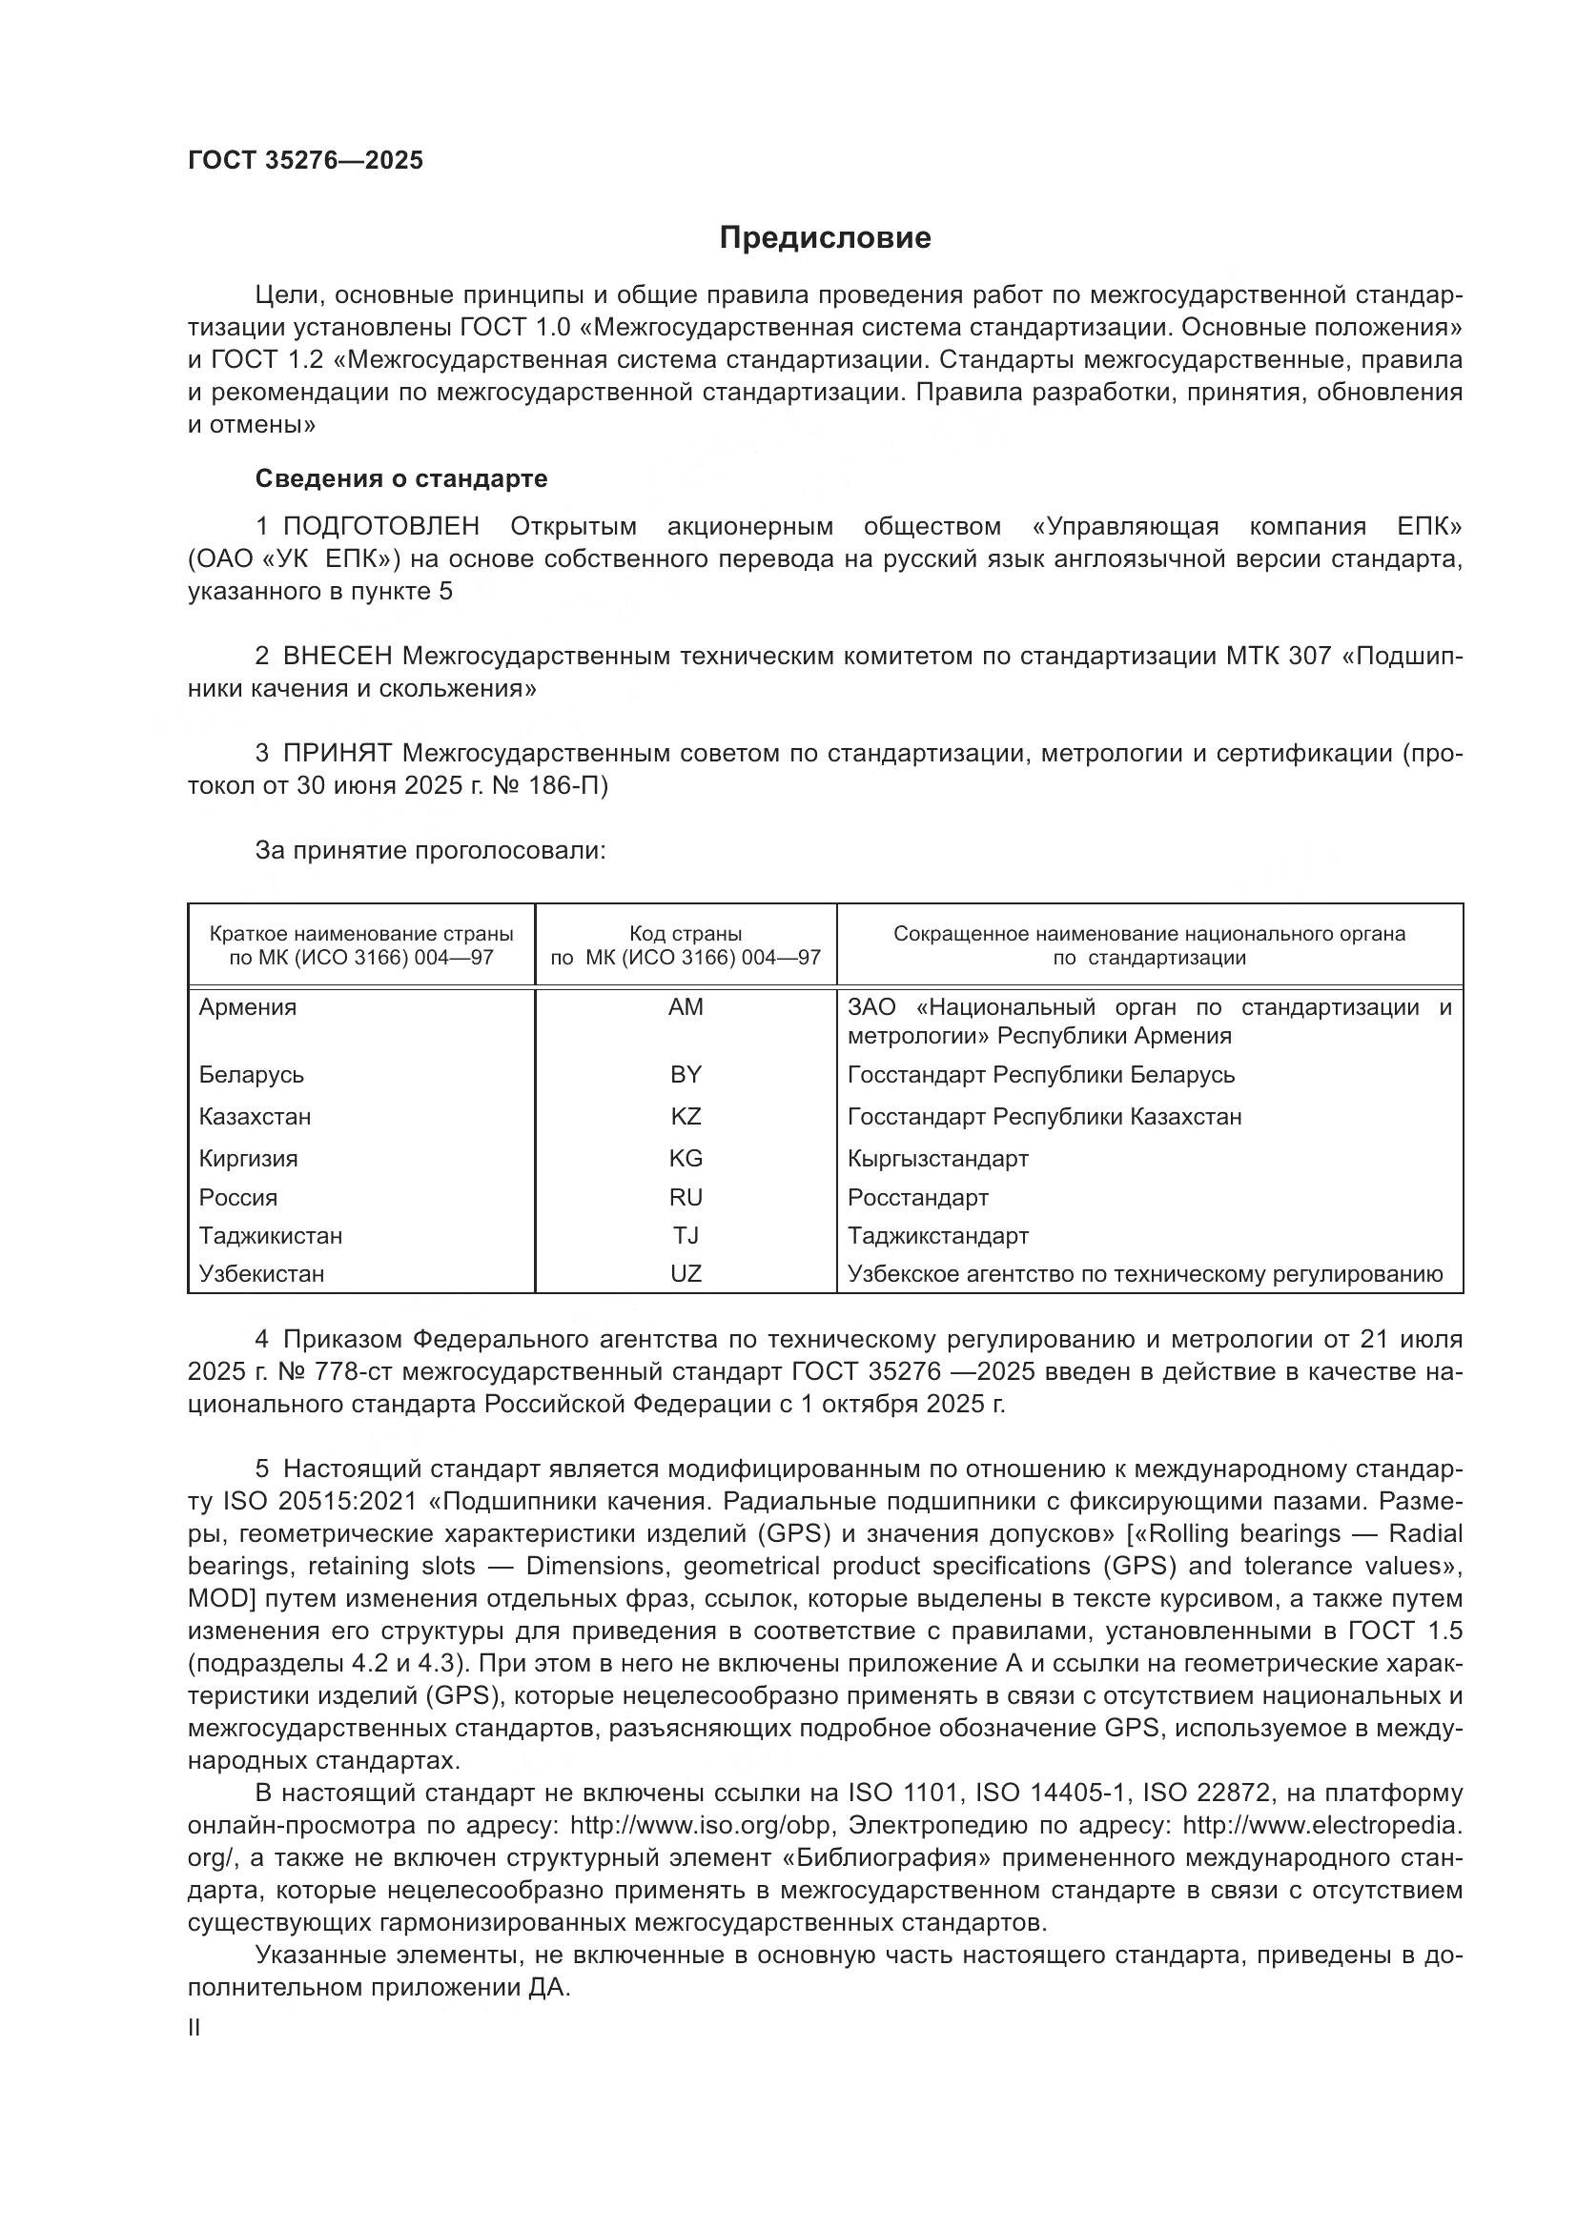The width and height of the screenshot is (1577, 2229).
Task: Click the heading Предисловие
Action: pos(825,238)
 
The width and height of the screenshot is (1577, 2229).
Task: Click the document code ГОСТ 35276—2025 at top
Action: pos(306,161)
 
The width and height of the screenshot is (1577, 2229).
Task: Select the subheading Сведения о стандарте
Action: pos(401,478)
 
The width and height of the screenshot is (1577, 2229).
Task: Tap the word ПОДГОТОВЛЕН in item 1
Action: pos(380,527)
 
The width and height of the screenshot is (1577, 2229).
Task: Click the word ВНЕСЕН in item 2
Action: pos(338,657)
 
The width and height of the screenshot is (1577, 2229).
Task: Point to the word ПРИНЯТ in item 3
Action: pos(337,754)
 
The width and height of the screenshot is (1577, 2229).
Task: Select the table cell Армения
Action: pos(248,1007)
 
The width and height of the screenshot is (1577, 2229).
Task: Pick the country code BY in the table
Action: pos(686,1075)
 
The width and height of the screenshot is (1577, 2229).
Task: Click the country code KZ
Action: pos(686,1117)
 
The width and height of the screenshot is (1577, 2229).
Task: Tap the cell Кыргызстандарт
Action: pos(937,1158)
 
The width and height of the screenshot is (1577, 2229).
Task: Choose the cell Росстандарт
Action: pos(917,1197)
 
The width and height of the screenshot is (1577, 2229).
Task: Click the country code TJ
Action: pos(686,1236)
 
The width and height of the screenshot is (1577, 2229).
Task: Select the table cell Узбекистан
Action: pos(261,1274)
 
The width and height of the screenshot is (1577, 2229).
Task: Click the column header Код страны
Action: pos(686,934)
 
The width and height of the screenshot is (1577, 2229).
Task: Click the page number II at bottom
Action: pos(195,2027)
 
